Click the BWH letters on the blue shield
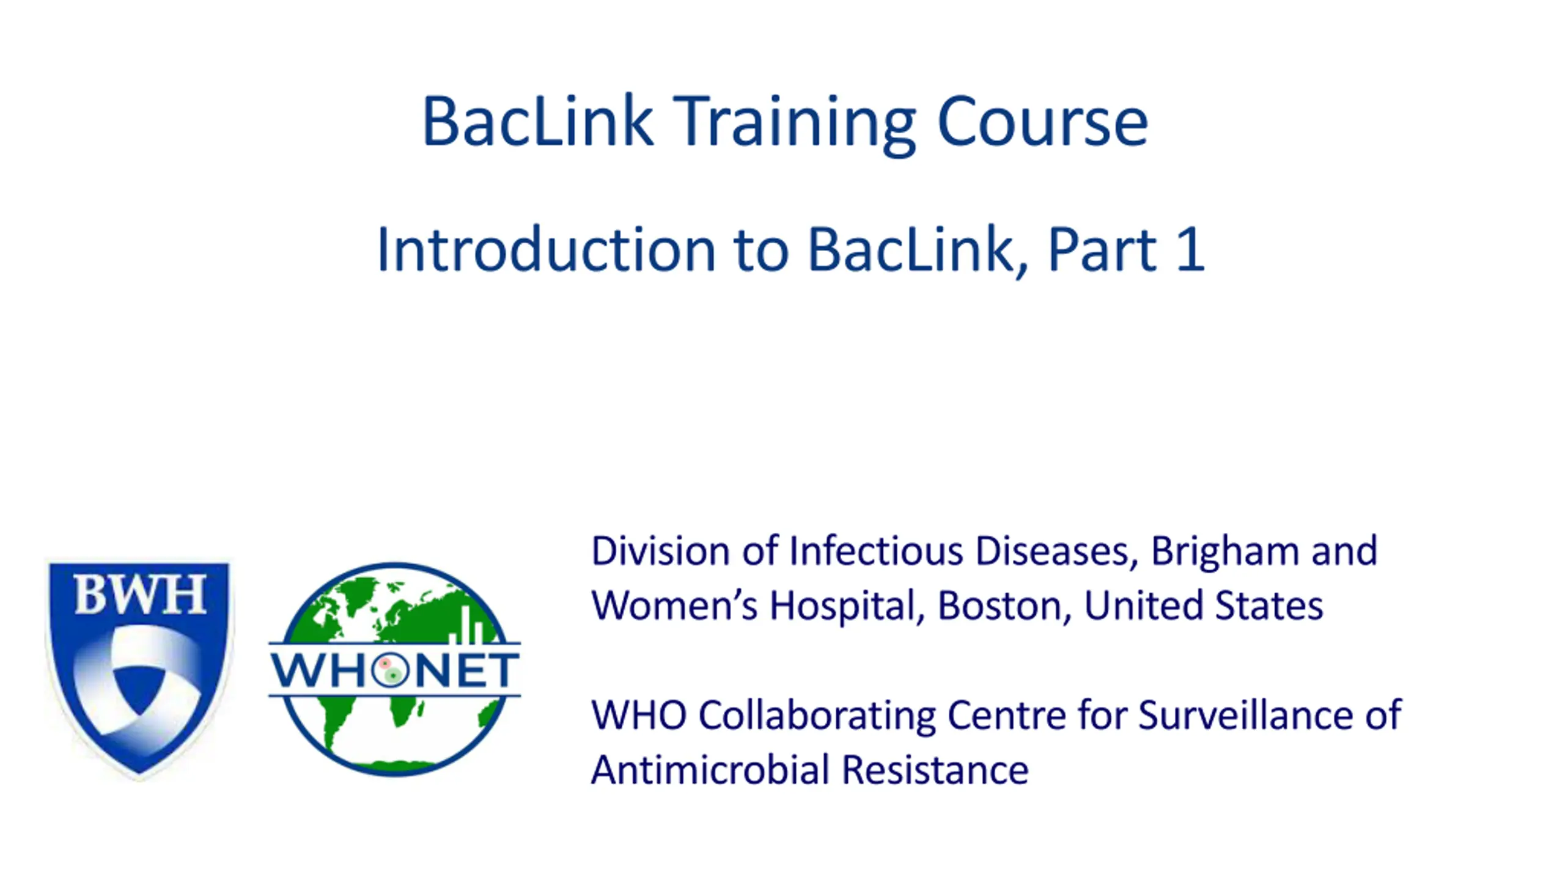140,595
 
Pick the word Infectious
876,551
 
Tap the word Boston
1000,607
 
